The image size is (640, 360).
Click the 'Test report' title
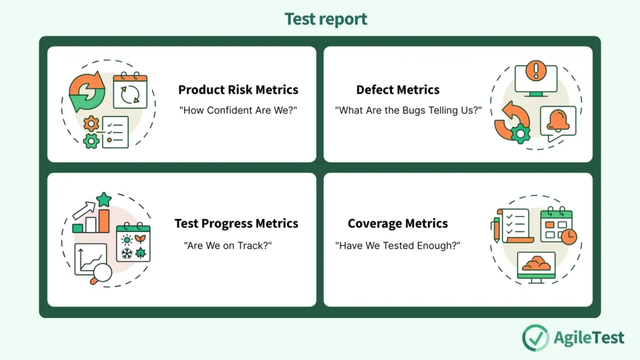(x=326, y=19)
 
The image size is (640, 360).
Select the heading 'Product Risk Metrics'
(x=238, y=89)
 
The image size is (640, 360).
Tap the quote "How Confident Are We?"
(x=238, y=110)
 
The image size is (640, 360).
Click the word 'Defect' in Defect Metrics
(x=376, y=89)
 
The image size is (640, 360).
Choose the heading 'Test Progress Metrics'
(x=236, y=223)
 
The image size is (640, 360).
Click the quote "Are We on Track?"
(x=228, y=245)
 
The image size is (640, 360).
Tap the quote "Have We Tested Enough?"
(x=397, y=245)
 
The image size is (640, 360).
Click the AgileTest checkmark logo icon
(x=535, y=337)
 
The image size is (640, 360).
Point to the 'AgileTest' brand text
(x=589, y=337)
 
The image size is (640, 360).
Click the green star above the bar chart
(x=104, y=200)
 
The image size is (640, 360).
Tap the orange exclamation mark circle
(x=536, y=69)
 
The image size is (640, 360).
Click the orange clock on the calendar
(x=569, y=237)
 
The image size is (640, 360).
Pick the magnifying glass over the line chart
(x=101, y=272)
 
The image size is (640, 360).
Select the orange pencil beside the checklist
(x=496, y=229)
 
